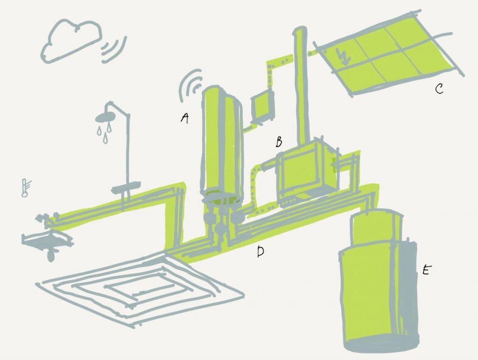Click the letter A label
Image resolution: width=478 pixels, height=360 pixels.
point(184,119)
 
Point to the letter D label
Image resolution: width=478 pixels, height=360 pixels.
point(260,252)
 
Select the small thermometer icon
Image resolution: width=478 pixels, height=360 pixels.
point(25,188)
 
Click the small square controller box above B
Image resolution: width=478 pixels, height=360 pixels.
point(263,105)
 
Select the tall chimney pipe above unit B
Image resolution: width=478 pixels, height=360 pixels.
point(300,84)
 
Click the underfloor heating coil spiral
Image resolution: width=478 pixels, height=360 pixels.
point(140,289)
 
